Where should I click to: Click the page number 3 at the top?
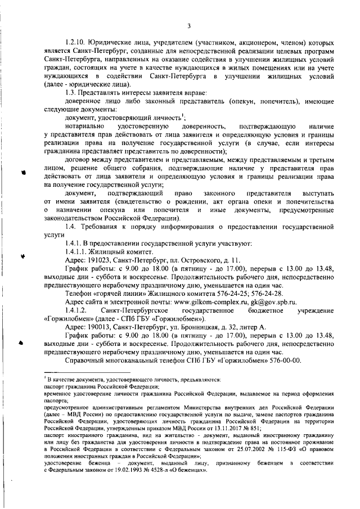pyautogui.click(x=189, y=25)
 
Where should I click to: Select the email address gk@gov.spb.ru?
pyautogui.click(x=268, y=302)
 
